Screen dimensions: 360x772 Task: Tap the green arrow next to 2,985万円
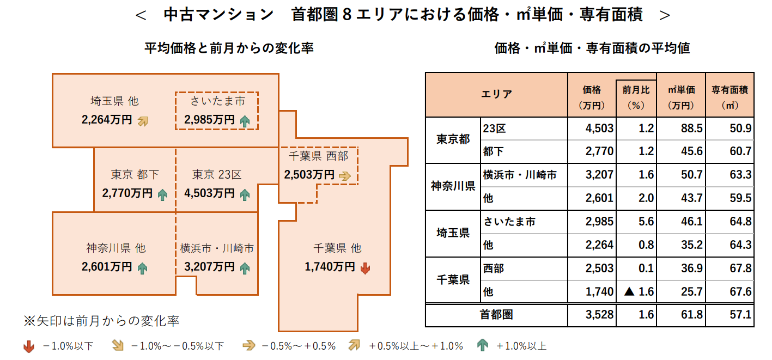point(245,121)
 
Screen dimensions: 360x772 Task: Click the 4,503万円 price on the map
point(210,193)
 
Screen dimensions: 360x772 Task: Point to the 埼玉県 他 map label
point(114,101)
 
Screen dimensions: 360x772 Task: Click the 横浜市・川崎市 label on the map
point(217,249)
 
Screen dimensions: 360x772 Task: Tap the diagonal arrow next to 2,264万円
point(143,121)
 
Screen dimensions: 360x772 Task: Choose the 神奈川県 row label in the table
point(453,187)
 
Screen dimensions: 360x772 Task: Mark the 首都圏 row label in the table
point(496,315)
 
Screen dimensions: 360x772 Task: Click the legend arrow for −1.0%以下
point(29,345)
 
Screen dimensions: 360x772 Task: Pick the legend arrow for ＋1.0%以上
point(482,345)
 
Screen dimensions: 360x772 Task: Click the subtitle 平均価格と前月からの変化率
point(229,48)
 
